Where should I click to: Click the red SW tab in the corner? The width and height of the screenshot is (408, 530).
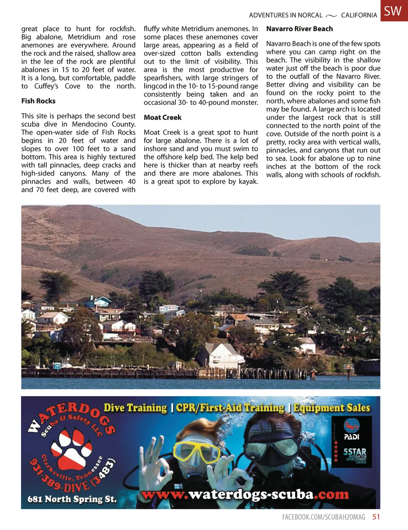(394, 11)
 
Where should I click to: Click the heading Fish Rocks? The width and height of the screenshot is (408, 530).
(38, 101)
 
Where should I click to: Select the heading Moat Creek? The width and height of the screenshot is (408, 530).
(163, 118)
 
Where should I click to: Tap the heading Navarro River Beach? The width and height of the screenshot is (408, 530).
(299, 29)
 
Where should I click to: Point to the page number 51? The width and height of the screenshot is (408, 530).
(376, 517)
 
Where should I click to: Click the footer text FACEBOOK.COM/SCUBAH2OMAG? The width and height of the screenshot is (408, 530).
(324, 517)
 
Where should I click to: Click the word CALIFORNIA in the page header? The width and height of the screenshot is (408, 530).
(359, 15)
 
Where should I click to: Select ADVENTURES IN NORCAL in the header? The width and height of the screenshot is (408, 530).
(286, 15)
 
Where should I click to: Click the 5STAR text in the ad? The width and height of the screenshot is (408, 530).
(355, 452)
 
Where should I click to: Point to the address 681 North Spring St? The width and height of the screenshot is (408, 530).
(72, 499)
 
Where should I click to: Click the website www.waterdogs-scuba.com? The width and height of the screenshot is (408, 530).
(245, 495)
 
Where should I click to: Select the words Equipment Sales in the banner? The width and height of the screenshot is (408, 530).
(332, 408)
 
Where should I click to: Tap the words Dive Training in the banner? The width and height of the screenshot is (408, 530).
(135, 408)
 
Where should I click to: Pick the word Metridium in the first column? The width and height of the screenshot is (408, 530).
(84, 37)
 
